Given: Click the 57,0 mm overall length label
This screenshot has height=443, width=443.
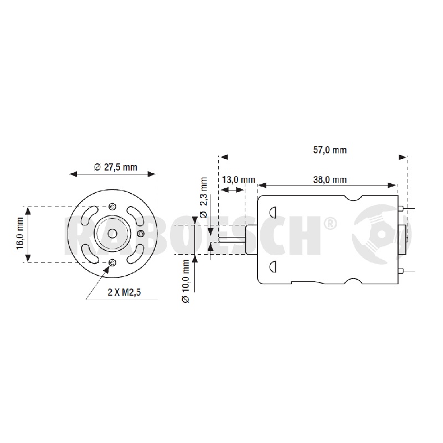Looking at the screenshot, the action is [329, 150].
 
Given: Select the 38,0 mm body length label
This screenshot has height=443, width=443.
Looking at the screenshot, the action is [329, 179].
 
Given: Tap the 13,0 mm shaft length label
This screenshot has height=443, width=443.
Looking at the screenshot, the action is [239, 179].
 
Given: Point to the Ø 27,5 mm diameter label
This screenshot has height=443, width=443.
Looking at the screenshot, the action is [116, 167].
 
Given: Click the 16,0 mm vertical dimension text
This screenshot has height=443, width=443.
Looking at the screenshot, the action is [20, 233].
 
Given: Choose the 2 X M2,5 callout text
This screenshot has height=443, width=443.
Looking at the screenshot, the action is [124, 292].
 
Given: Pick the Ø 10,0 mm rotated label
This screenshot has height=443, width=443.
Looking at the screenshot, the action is [186, 281].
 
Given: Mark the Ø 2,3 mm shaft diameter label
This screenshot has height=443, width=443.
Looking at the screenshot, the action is [203, 198].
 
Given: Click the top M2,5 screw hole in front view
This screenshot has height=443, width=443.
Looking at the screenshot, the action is [112, 207].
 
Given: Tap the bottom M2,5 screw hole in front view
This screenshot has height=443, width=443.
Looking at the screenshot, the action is [112, 262].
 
